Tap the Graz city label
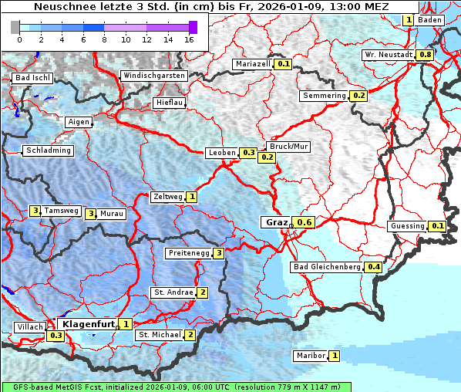coord(276,222)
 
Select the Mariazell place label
coord(254,64)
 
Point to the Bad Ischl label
coord(32,78)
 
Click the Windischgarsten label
coord(153,76)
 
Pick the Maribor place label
coord(309,356)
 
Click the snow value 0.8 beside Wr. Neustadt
coord(425,56)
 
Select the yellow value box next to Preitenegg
coord(220,253)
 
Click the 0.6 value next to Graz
coord(305,223)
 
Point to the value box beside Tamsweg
coord(35,211)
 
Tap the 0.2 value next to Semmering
coord(358,96)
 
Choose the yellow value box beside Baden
coord(409,20)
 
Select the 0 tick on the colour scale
coord(19,39)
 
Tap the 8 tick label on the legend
coord(104,39)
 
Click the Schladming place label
coord(49,150)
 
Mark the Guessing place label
coord(407,226)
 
